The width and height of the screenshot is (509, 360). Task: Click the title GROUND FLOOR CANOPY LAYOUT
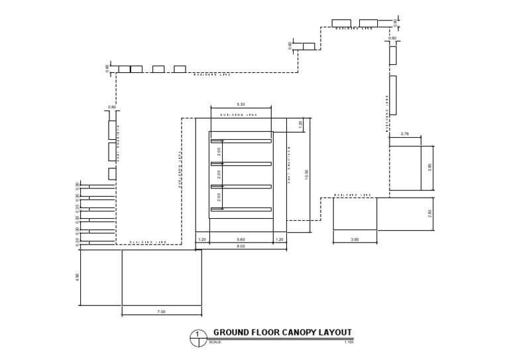click(x=282, y=333)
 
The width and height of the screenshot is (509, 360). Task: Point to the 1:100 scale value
click(x=349, y=343)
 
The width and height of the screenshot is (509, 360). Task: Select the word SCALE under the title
click(x=215, y=343)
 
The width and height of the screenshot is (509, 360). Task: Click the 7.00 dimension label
click(x=161, y=311)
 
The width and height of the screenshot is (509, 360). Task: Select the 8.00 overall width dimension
click(x=241, y=246)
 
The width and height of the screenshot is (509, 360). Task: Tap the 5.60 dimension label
click(x=241, y=239)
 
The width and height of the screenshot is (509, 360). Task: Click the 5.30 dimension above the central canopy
click(x=241, y=104)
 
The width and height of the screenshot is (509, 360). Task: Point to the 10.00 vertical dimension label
click(x=307, y=174)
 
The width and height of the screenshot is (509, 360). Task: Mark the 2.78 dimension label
click(x=406, y=134)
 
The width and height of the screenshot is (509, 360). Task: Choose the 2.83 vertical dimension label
click(x=430, y=213)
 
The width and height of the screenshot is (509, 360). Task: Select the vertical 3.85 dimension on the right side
click(x=430, y=168)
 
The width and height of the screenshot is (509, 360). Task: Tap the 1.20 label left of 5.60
click(x=202, y=239)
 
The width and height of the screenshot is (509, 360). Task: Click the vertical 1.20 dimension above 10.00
click(x=300, y=124)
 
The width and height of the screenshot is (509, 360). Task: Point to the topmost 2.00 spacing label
click(x=219, y=152)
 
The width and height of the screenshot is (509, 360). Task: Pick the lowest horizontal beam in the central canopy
click(x=241, y=210)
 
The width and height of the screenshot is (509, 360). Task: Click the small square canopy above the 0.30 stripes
click(x=112, y=174)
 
